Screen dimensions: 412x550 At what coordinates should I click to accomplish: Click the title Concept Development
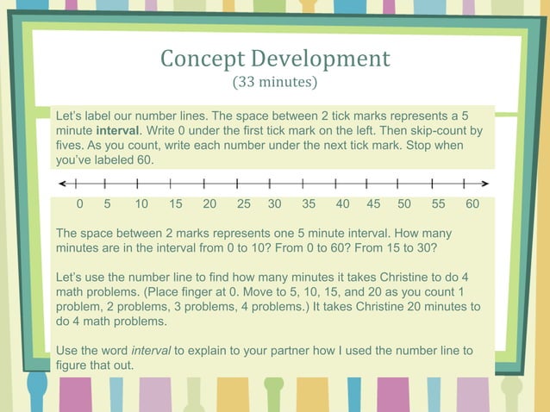pos(275,59)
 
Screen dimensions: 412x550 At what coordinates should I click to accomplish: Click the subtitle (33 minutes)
pos(275,84)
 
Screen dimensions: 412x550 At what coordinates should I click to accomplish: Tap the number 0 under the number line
pos(79,204)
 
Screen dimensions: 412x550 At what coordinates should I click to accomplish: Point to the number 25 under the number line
pos(244,204)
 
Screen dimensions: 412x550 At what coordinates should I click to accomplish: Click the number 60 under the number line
pos(472,204)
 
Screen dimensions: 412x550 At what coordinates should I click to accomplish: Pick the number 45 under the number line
pos(373,204)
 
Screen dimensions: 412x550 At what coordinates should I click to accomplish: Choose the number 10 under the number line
pos(141,204)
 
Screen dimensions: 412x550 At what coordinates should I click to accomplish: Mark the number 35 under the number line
pos(309,204)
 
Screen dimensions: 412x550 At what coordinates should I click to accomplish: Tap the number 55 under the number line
pos(439,204)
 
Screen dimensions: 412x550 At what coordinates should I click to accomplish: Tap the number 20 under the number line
pos(209,204)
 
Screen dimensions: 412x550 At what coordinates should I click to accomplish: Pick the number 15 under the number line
pos(176,204)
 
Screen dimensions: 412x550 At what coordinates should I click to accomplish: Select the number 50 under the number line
pos(404,204)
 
